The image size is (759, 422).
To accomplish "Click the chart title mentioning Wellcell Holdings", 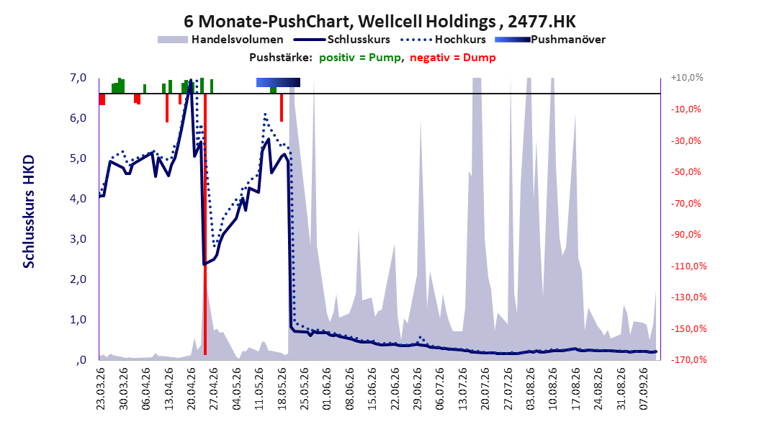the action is pos(379,22).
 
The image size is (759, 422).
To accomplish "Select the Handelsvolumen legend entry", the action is pos(221,40).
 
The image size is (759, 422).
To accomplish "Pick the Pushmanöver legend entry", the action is pos(550,40).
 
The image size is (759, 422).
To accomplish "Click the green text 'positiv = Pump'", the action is pos(360,58).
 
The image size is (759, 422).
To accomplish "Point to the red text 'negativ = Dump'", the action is pos(453,58).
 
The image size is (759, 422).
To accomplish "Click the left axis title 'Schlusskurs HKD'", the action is pos(29,212).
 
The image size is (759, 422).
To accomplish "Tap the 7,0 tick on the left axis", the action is pos(78,78).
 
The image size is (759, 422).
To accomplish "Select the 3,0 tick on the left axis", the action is pos(78,238).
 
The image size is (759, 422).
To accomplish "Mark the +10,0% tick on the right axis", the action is pos(687,78).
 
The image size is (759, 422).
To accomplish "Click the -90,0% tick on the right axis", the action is pos(686,235).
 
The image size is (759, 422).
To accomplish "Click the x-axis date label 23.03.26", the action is pos(101,389).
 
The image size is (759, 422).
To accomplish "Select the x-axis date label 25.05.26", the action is pos(305,389).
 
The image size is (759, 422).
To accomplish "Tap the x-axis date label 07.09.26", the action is pos(645,389).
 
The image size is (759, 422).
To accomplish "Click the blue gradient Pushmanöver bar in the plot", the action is pos(279,82).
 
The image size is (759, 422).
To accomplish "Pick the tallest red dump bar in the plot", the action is pos(205,224).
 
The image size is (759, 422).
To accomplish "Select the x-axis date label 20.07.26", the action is pos(486,389).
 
